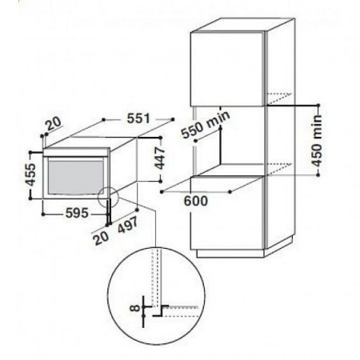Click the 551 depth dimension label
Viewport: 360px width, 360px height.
tap(138, 118)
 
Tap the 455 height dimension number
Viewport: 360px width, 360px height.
tap(30, 174)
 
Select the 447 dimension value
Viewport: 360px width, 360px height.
tap(160, 158)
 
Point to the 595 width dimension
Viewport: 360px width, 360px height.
tap(77, 213)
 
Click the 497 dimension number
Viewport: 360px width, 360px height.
tap(128, 225)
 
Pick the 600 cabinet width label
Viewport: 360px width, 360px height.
tap(196, 201)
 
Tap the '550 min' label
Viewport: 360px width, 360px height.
tap(206, 125)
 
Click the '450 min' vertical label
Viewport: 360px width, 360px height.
tap(317, 141)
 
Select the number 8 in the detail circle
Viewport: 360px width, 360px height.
tap(135, 308)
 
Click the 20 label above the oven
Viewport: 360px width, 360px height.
tap(54, 124)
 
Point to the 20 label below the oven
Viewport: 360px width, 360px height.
tap(102, 238)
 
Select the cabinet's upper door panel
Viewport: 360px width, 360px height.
tap(227, 69)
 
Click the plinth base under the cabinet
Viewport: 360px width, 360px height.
tap(230, 254)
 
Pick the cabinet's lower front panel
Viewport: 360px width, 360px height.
tap(227, 213)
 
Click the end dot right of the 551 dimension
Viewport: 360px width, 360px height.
tap(173, 119)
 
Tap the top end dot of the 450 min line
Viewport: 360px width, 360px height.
tap(318, 105)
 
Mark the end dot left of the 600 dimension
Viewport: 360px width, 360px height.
tap(162, 192)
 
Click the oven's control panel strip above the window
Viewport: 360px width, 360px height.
tap(77, 152)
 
